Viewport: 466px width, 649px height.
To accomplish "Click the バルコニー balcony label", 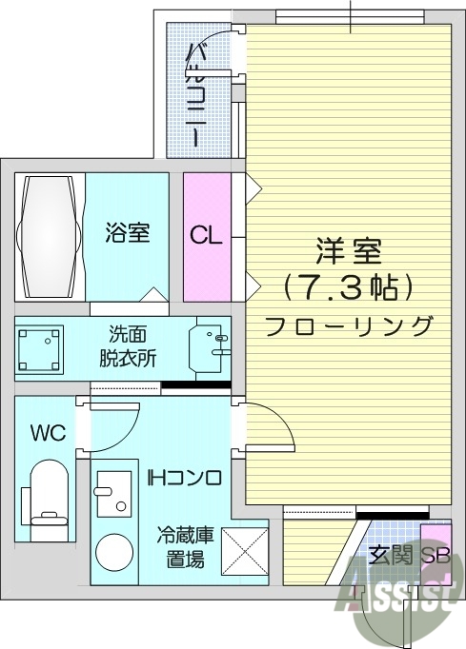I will [194, 94].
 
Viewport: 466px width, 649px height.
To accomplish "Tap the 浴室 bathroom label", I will [127, 232].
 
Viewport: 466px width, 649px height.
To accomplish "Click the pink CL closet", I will [207, 234].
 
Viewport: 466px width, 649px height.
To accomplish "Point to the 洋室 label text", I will [349, 252].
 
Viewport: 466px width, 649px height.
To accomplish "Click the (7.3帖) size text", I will [349, 285].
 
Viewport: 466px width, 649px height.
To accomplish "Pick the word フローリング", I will [349, 324].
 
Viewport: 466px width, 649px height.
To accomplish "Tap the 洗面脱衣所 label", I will [128, 347].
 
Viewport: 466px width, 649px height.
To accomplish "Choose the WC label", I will [48, 434].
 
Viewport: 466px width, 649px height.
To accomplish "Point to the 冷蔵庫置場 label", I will [186, 547].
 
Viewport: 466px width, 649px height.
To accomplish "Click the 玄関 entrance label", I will [389, 557].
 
